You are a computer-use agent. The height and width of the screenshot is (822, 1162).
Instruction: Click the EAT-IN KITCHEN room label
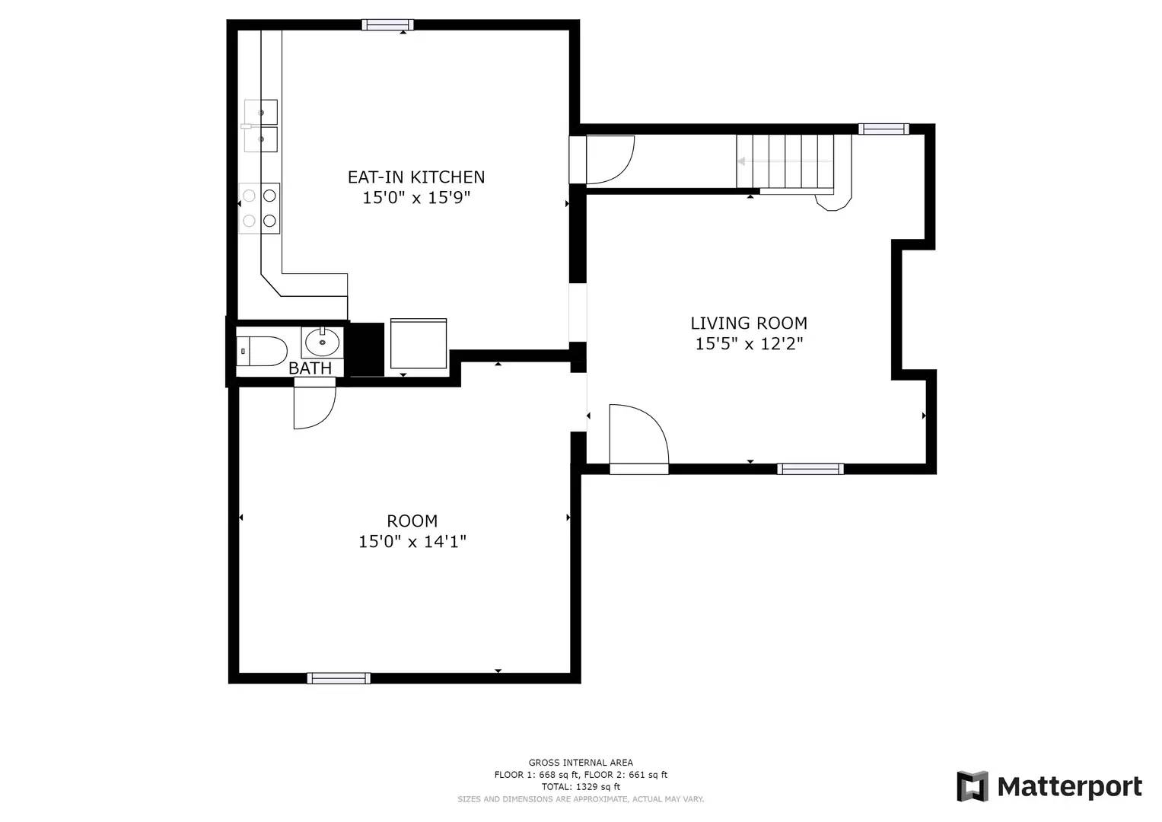click(415, 177)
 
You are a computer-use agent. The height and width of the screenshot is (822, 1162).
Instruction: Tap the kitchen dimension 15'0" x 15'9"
click(415, 198)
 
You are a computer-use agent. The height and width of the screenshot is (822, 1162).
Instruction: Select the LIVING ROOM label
click(748, 323)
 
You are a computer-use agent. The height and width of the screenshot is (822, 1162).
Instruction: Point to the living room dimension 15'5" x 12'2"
click(749, 344)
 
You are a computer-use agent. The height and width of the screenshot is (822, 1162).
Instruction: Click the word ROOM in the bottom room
click(412, 521)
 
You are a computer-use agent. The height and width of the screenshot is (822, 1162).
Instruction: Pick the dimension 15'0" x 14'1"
click(412, 542)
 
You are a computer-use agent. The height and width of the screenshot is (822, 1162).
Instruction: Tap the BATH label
click(310, 368)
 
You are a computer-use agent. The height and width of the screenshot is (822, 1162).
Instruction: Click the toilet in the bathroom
click(260, 351)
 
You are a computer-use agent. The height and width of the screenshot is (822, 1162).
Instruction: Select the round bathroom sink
click(323, 342)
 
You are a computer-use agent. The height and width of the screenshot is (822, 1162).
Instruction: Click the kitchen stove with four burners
click(259, 208)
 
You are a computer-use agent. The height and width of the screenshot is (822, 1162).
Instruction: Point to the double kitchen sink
click(260, 126)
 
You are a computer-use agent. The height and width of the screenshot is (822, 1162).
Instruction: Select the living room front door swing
click(638, 437)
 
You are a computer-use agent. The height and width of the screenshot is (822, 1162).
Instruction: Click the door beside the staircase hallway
click(605, 159)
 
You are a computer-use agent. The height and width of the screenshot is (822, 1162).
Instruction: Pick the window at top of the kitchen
click(387, 25)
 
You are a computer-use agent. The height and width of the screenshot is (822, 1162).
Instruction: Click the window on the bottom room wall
click(339, 678)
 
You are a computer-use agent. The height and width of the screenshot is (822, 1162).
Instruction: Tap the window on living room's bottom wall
click(810, 469)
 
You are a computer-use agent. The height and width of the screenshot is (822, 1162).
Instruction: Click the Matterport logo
click(1049, 786)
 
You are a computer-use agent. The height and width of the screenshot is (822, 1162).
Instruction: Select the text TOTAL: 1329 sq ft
click(581, 787)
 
